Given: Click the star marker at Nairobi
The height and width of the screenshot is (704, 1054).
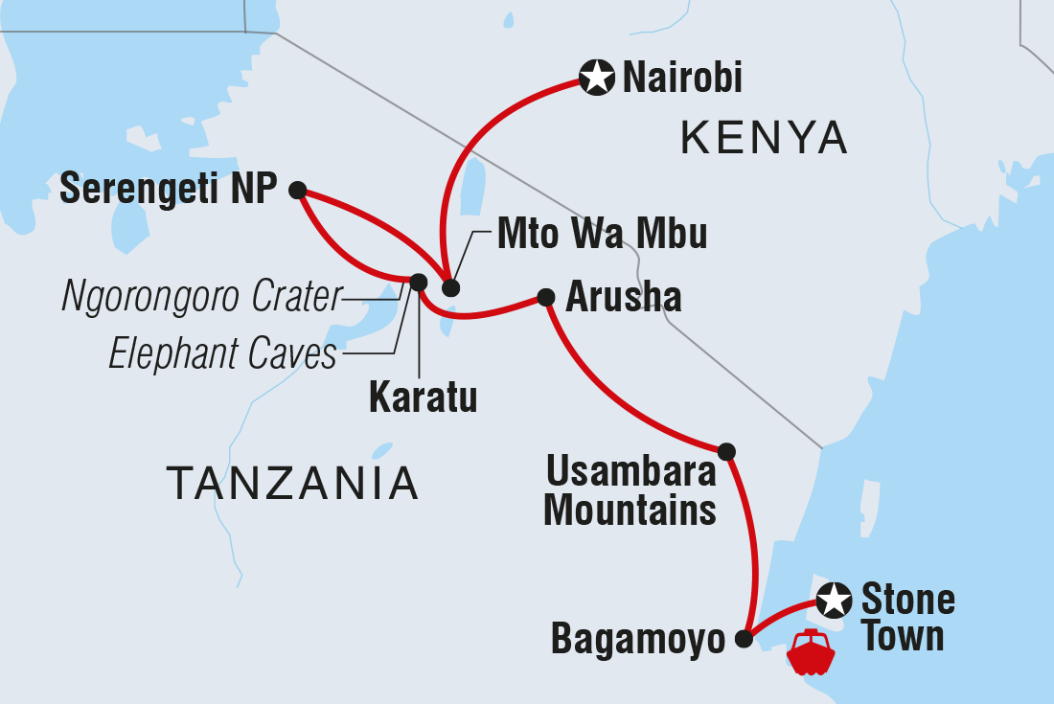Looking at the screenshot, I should point(597,78).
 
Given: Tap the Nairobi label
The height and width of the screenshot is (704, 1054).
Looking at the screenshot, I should point(682,79).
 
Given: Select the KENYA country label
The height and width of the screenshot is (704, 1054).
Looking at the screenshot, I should point(765,139).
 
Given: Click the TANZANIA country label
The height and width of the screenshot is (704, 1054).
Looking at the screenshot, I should point(293,483).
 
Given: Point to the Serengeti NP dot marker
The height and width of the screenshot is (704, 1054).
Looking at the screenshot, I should point(297,190).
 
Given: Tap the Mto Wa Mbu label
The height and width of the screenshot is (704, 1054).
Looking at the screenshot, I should point(603,234).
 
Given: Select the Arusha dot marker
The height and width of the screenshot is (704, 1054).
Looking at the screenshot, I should point(546,297).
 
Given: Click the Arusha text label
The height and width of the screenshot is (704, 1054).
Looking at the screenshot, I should point(624,298).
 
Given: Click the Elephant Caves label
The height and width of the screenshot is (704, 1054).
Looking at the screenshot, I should point(223,354).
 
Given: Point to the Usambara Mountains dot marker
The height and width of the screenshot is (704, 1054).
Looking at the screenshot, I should point(726,450).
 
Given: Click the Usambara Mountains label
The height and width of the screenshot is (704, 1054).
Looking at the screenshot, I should point(630,491).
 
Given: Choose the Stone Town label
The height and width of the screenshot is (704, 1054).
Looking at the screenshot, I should point(907,618).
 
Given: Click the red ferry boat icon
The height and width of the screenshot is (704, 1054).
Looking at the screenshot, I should point(811,653).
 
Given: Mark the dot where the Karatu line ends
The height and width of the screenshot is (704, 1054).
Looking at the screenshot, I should point(418,282).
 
